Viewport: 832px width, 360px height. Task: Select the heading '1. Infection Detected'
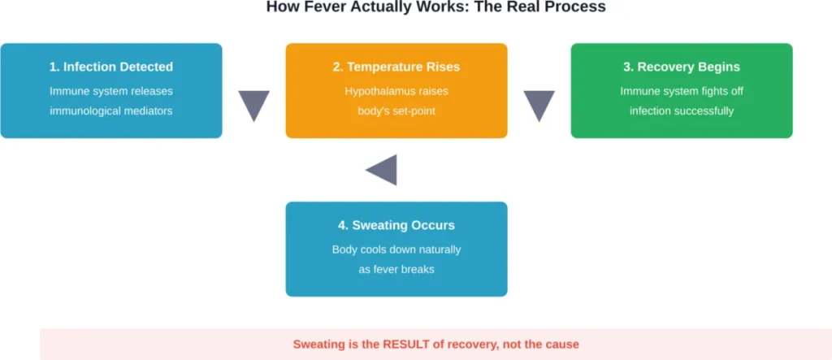pyautogui.click(x=111, y=67)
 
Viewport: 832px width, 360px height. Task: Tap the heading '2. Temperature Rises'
pyautogui.click(x=396, y=67)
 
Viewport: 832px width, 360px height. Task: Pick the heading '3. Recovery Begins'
pyautogui.click(x=682, y=67)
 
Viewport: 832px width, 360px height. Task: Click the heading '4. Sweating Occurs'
pyautogui.click(x=396, y=225)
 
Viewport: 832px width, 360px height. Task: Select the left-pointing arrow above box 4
pyautogui.click(x=381, y=170)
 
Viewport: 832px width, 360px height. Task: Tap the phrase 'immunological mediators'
pyautogui.click(x=111, y=111)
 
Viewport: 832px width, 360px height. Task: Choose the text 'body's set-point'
pyautogui.click(x=396, y=111)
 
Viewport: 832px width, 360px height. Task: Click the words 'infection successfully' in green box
pyautogui.click(x=682, y=111)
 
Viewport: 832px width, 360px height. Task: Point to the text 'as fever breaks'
pyautogui.click(x=396, y=269)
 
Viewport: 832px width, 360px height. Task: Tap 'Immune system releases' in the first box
pyautogui.click(x=111, y=91)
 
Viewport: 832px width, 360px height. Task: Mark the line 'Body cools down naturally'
pyautogui.click(x=396, y=249)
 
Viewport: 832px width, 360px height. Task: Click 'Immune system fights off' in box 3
pyautogui.click(x=682, y=91)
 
